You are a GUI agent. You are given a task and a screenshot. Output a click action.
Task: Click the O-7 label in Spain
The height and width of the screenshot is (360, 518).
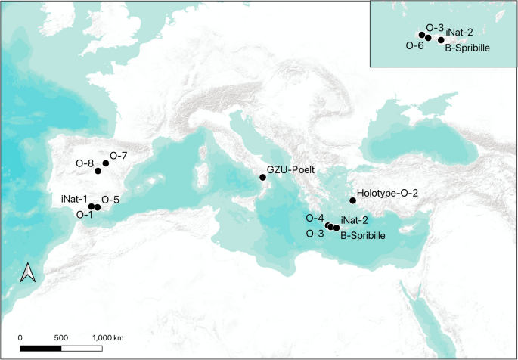coord(119,156)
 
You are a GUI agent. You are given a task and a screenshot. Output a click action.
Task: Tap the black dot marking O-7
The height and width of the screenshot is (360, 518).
coord(107,163)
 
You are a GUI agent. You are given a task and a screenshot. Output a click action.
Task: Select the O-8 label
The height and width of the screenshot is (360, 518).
coord(84,163)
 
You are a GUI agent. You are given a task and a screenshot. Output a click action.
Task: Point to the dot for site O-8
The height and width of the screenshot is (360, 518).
coord(98,171)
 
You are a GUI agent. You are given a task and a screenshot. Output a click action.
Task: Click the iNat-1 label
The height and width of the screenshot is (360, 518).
coord(74,199)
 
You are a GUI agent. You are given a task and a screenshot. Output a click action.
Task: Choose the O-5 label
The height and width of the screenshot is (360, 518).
coord(110,200)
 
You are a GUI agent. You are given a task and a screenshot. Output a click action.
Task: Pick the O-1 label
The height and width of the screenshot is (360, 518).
coord(84,214)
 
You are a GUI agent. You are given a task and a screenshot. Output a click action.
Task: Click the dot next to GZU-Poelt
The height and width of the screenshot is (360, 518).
coord(262,177)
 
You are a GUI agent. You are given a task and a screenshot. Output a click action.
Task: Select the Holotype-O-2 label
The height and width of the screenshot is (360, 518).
coord(387,194)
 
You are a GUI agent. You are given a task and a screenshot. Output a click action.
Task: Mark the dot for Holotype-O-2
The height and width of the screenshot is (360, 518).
coord(353,200)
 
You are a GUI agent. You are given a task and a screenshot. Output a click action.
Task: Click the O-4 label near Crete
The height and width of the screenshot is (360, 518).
coord(315,218)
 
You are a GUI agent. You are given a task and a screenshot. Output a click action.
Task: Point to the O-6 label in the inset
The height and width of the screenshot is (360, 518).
coord(414,45)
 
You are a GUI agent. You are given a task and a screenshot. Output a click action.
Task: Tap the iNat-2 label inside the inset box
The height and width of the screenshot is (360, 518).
coord(460,33)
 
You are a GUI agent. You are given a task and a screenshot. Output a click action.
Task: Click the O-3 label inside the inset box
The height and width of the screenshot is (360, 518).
coord(435,27)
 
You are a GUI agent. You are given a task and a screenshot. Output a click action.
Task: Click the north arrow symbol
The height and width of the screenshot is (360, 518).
coord(28,272)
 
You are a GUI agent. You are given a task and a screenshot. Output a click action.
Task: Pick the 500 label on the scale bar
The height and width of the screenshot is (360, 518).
coord(62,337)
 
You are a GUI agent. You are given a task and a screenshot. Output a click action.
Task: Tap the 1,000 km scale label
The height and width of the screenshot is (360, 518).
coord(108,337)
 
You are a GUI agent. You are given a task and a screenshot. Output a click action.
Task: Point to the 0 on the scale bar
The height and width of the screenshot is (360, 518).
coord(20,337)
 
